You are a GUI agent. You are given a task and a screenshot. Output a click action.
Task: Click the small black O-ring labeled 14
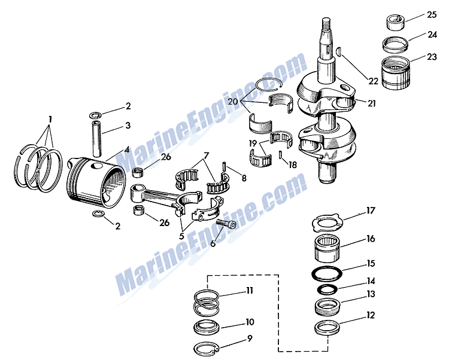[x=326, y=289]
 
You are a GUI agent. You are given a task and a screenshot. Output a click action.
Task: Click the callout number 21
[x=372, y=103]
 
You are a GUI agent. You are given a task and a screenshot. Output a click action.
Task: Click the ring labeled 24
[x=395, y=45]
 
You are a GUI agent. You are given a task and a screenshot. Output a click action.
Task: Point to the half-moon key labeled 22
[x=339, y=53]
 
